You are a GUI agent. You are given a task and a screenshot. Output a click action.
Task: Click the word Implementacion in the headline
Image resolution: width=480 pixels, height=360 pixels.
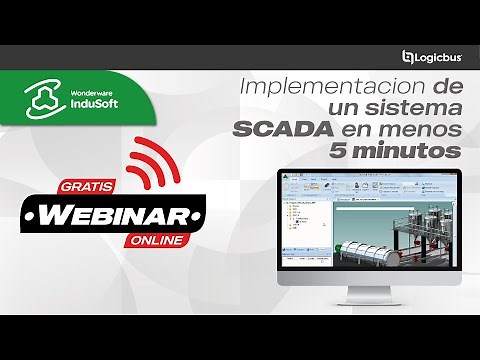[324, 89]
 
